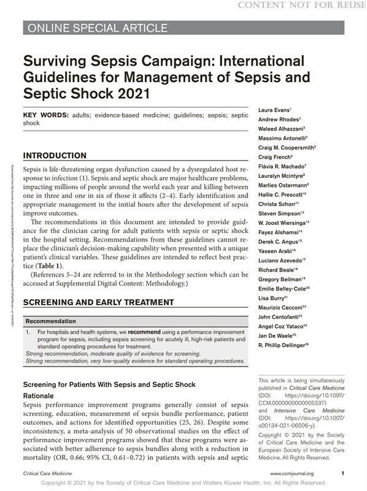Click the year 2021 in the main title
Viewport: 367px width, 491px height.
(x=129, y=94)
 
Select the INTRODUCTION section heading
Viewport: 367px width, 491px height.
(x=55, y=156)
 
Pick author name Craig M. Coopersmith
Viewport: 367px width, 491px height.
(x=286, y=148)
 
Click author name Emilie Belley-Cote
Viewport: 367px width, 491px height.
(x=284, y=287)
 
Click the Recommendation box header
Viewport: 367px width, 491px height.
(x=51, y=321)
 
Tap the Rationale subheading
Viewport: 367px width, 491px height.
(x=38, y=396)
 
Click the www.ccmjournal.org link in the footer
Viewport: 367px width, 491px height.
(x=292, y=474)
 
